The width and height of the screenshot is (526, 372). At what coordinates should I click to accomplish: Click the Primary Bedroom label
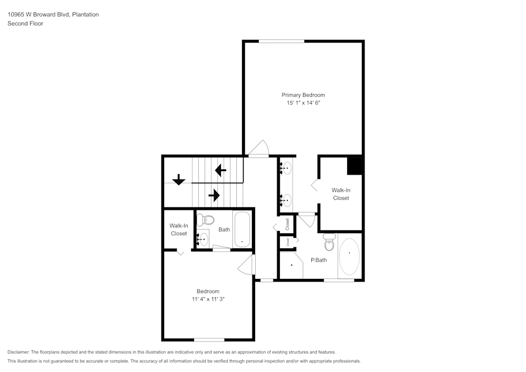[303, 95]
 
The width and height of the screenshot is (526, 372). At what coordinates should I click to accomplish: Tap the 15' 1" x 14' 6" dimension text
[304, 103]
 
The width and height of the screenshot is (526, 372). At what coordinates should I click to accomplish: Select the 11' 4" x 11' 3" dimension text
[208, 299]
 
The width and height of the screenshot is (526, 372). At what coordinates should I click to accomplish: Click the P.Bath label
[319, 260]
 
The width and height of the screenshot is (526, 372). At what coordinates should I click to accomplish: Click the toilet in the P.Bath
[330, 242]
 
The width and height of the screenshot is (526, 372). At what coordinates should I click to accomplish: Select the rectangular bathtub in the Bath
[241, 230]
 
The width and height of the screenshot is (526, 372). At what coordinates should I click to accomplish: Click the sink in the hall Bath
[203, 239]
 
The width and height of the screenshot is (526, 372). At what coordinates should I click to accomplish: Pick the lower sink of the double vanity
[286, 200]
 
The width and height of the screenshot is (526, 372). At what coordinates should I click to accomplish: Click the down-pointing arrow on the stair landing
[179, 179]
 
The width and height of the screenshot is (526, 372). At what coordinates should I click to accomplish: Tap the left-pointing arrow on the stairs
[220, 170]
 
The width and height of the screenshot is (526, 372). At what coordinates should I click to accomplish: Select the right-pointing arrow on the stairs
[214, 195]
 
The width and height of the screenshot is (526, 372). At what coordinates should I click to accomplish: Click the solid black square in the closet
[355, 166]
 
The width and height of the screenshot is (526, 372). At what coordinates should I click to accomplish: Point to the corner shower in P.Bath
[291, 265]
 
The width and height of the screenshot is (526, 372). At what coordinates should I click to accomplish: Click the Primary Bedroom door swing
[258, 148]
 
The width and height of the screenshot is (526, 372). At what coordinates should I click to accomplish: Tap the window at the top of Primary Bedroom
[281, 41]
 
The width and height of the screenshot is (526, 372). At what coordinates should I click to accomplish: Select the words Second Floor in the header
[25, 24]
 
